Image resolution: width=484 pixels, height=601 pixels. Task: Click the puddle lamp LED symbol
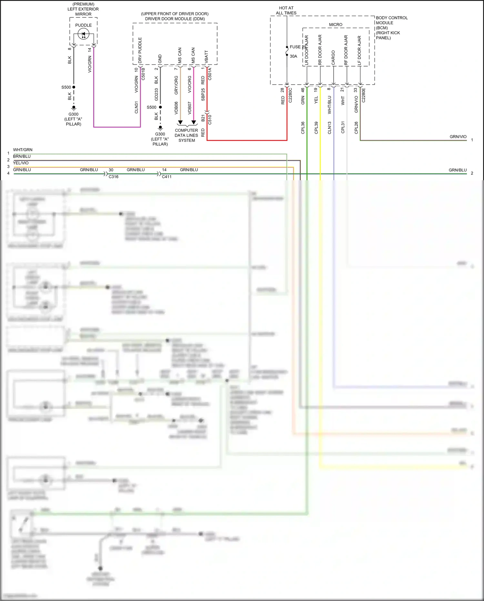(84, 34)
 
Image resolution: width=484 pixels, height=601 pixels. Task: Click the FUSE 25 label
(297, 47)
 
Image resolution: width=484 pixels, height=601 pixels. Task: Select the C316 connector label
(114, 177)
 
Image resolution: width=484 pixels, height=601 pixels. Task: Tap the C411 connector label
(167, 177)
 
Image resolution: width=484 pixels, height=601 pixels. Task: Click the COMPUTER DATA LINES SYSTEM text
(187, 135)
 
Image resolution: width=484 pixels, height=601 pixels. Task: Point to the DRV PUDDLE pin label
(140, 50)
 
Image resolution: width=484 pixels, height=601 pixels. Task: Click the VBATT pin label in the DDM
(207, 57)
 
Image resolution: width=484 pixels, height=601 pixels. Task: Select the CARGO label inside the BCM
(333, 57)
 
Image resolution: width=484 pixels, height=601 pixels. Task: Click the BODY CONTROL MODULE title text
(391, 20)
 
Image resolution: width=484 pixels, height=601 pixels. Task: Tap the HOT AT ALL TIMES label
(286, 10)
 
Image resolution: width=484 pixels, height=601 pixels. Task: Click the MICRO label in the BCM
(336, 25)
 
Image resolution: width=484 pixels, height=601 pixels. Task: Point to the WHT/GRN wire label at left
(23, 150)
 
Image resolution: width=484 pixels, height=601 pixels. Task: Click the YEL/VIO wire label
(21, 163)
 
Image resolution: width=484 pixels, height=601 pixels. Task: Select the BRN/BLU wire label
(22, 156)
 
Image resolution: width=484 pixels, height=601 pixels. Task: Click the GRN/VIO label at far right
(458, 137)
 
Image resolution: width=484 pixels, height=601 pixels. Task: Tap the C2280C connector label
(290, 95)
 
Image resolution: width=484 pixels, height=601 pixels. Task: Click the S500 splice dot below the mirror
(74, 87)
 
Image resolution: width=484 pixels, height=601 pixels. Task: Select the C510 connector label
(210, 119)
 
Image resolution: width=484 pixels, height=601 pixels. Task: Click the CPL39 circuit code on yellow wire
(316, 128)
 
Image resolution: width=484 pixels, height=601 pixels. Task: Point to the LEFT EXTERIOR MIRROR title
(83, 9)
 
